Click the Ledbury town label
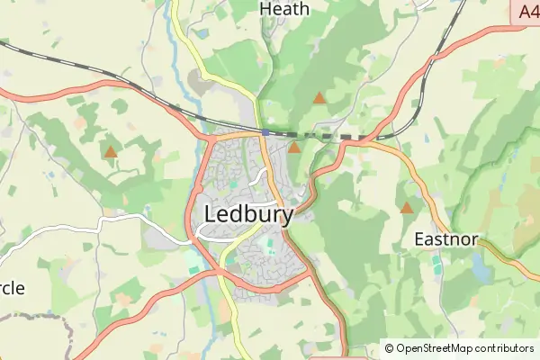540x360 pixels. [x=249, y=215]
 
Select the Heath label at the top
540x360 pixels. [x=283, y=9]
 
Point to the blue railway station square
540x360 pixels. [x=265, y=131]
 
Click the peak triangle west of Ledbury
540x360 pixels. [x=110, y=153]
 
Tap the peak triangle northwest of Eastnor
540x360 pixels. [x=407, y=208]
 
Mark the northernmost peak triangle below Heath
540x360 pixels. [x=318, y=97]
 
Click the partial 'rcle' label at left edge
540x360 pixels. [x=12, y=288]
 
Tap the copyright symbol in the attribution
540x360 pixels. [x=390, y=348]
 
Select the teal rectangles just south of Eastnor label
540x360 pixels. [x=437, y=263]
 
